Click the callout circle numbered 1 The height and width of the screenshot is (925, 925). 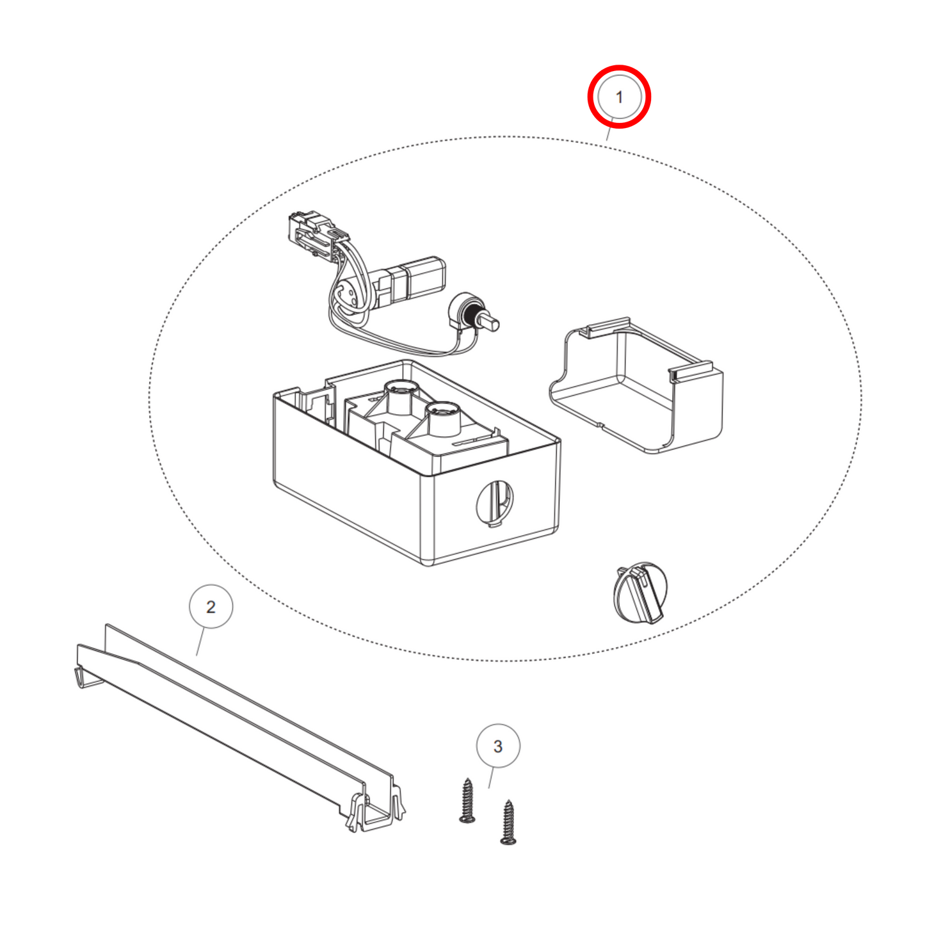pyautogui.click(x=619, y=75)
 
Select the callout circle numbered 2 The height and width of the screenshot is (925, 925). pyautogui.click(x=211, y=586)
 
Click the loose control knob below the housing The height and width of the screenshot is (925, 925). pyautogui.click(x=639, y=593)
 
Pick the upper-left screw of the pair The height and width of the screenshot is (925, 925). pyautogui.click(x=467, y=800)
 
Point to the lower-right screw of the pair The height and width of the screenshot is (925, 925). pyautogui.click(x=508, y=821)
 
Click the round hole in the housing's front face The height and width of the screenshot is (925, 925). pyautogui.click(x=494, y=503)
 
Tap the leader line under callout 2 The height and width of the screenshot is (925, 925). pyautogui.click(x=200, y=642)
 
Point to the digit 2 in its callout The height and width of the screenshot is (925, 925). pyautogui.click(x=211, y=607)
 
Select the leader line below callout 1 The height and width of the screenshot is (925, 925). pyautogui.click(x=610, y=129)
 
